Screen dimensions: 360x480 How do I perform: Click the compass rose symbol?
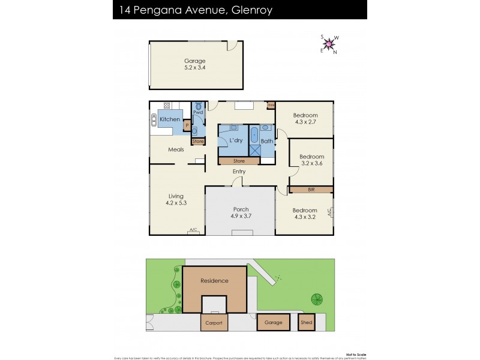click(x=328, y=43)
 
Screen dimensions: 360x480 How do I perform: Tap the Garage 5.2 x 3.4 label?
click(x=194, y=64)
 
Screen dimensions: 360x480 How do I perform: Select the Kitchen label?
click(x=170, y=119)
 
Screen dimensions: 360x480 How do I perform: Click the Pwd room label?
click(x=198, y=112)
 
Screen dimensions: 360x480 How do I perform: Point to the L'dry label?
click(x=235, y=140)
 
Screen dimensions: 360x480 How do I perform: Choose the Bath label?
click(x=267, y=142)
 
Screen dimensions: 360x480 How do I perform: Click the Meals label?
click(x=176, y=149)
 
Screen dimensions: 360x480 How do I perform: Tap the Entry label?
click(x=239, y=172)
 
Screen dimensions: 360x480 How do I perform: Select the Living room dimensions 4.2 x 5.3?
click(x=176, y=203)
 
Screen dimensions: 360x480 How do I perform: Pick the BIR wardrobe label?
click(x=311, y=190)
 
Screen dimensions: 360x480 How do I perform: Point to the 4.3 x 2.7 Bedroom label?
click(x=305, y=119)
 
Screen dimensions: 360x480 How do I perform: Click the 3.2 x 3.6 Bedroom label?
click(x=311, y=160)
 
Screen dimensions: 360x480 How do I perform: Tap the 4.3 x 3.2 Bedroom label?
click(x=305, y=214)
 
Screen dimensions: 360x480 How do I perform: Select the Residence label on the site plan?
click(x=214, y=281)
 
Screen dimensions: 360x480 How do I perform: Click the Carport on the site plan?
click(x=214, y=323)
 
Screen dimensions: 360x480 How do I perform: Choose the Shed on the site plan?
click(x=306, y=323)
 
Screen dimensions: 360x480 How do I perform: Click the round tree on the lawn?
click(x=316, y=299)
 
